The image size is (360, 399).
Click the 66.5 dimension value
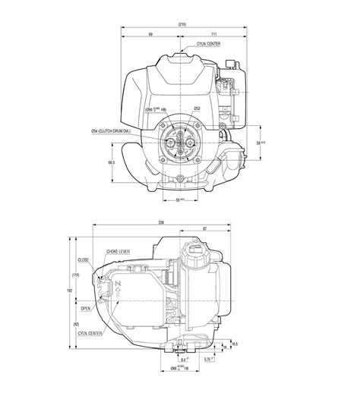pos(112,162)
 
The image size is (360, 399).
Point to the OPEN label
pos(85,309)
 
